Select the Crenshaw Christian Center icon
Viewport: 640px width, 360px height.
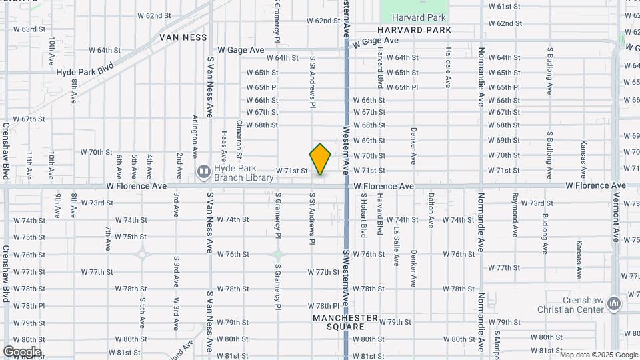(x=614, y=305)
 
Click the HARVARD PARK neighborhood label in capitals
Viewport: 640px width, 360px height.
(x=414, y=30)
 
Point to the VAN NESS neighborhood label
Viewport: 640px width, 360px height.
(x=183, y=38)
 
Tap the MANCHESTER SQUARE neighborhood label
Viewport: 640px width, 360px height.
(x=345, y=322)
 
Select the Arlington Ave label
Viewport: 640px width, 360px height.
(x=195, y=135)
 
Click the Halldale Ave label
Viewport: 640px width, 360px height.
(x=448, y=67)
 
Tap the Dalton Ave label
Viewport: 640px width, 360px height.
(x=431, y=211)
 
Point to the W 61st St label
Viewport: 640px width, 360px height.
(x=504, y=6)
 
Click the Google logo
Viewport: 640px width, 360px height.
(x=22, y=352)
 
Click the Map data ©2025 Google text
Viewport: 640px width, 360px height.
(x=599, y=355)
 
